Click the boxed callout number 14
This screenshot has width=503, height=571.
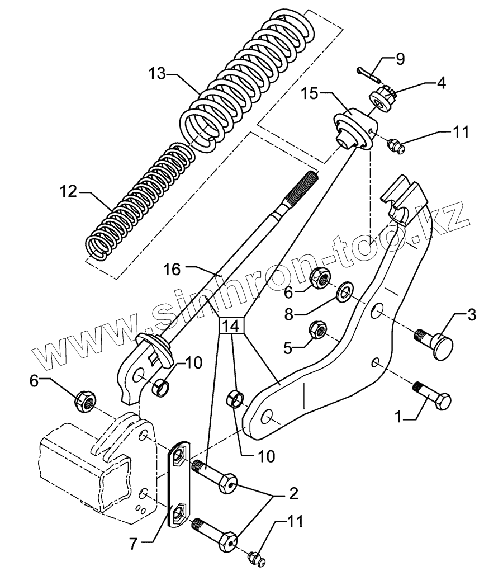(232, 326)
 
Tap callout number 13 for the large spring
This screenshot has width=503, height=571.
(158, 73)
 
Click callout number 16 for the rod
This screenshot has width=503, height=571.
(173, 270)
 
